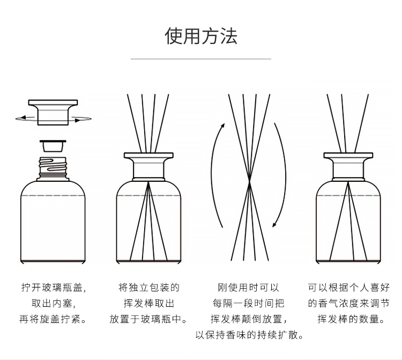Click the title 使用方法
coord(201,36)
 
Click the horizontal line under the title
coord(201,59)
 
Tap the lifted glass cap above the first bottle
coord(53,112)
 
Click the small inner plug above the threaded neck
coord(53,146)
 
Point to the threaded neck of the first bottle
coord(53,168)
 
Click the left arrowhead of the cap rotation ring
coord(24,118)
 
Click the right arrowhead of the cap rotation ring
coord(78,120)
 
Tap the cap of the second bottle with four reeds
coord(148,167)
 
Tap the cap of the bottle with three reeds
coord(348,167)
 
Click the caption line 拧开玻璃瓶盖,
coord(53,288)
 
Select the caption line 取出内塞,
coord(53,304)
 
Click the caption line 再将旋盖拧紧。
coord(53,319)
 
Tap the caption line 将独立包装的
coord(149,288)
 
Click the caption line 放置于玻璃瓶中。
coord(148,319)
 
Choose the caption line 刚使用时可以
coord(248,288)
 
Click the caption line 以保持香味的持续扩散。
coord(249,335)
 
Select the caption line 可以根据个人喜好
coord(349,288)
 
